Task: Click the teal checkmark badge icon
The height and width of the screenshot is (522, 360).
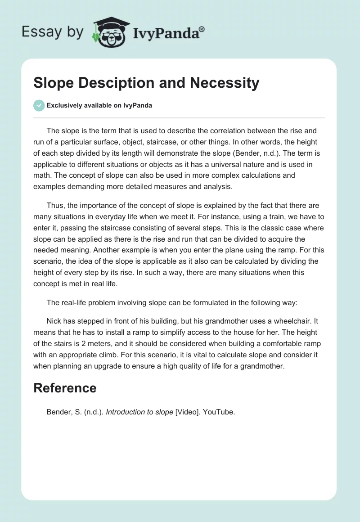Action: [x=39, y=105]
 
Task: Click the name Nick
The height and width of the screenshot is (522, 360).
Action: [x=54, y=321]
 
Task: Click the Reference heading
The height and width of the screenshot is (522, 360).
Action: [x=65, y=388]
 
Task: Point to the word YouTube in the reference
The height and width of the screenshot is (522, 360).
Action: [x=219, y=412]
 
